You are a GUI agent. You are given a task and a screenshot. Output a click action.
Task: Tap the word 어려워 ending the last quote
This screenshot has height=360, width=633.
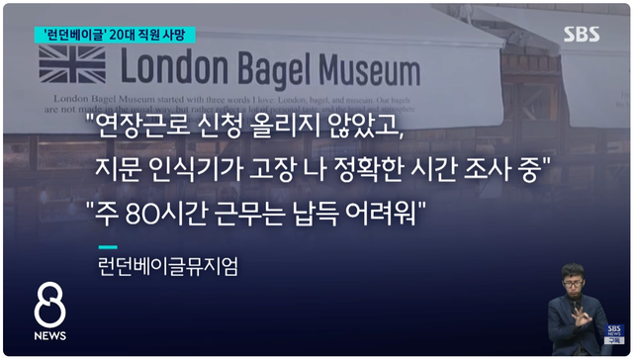tap(393, 211)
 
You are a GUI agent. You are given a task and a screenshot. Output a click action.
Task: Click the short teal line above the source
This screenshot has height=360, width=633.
tap(108, 246)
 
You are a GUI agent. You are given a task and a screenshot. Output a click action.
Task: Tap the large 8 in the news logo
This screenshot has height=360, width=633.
tap(49, 308)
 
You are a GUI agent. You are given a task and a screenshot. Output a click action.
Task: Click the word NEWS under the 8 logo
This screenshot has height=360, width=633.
tap(49, 336)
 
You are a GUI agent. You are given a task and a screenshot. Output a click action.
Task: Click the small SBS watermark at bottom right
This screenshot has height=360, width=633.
tap(614, 333)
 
